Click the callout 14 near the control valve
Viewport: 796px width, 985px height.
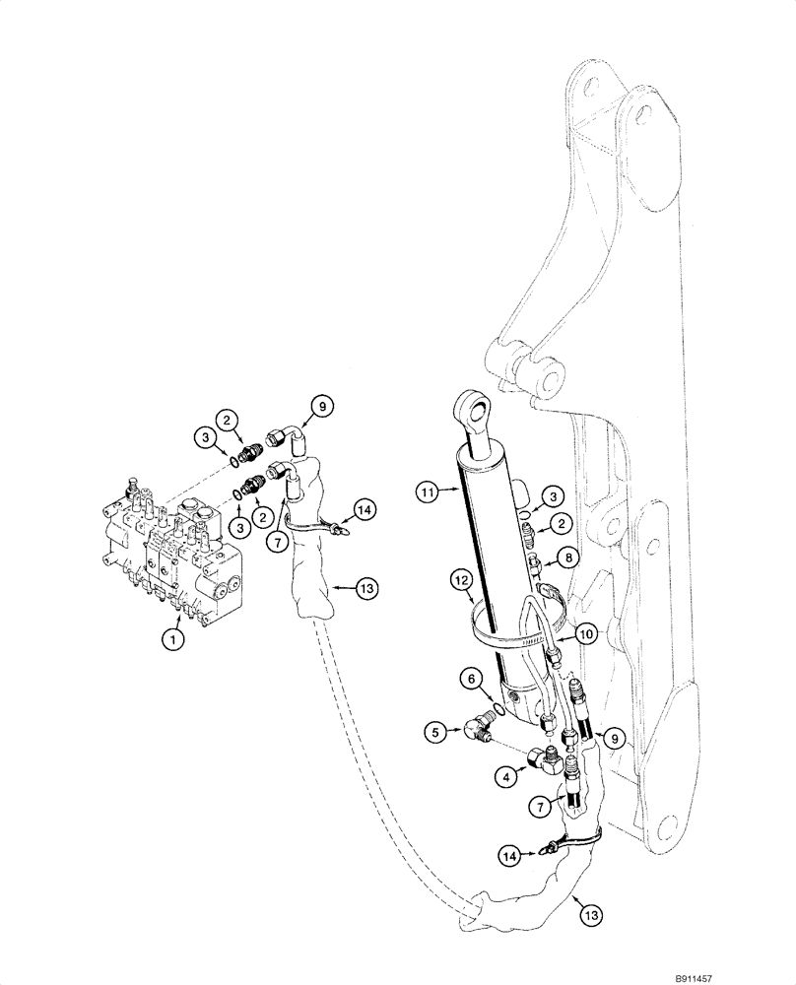(365, 509)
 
